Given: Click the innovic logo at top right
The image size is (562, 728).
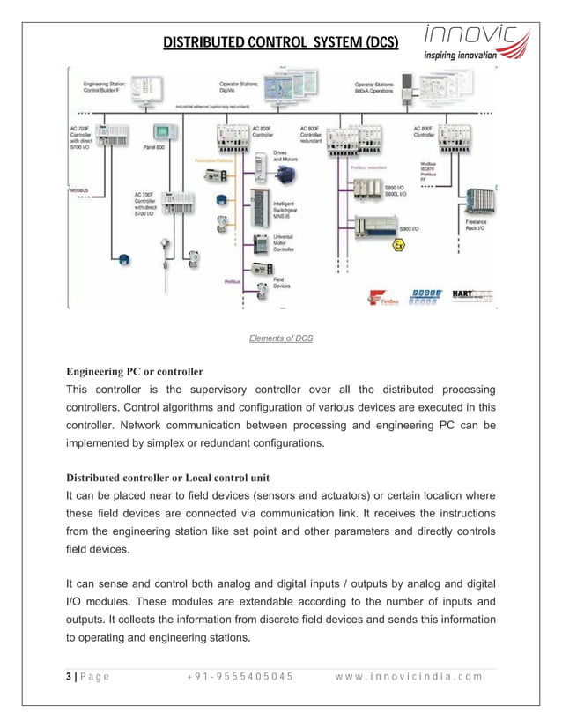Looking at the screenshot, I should click(477, 41).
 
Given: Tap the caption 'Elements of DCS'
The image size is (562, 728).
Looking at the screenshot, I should click(280, 338).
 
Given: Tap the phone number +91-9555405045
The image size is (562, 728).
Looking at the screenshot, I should click(240, 676).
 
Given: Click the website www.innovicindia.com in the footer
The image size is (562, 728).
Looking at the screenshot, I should click(409, 676).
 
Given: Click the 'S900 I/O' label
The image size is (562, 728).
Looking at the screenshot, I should click(409, 228).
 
